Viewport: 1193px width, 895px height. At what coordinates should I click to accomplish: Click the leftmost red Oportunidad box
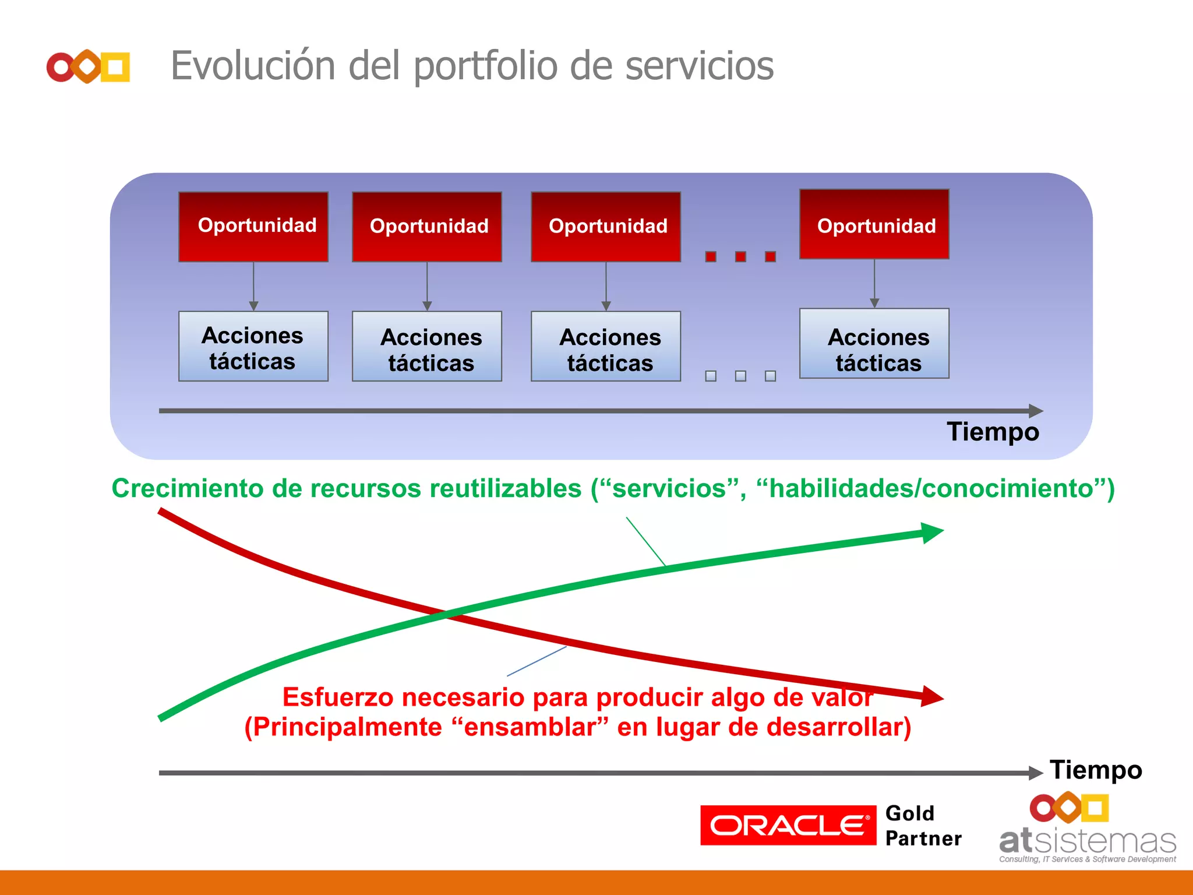(253, 227)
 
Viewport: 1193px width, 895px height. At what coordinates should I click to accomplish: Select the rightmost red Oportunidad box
(874, 224)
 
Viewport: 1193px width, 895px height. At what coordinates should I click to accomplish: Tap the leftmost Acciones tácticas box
(253, 347)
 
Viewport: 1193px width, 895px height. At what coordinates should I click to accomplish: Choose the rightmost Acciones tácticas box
(874, 344)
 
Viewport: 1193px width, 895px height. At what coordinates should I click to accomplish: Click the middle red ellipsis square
(740, 256)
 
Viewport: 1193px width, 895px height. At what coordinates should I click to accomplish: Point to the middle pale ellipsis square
(740, 376)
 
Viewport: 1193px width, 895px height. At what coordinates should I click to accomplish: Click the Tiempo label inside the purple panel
(993, 432)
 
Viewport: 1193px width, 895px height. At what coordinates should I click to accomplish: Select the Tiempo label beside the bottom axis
(1095, 770)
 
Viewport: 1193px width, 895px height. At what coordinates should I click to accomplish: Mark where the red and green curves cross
(446, 614)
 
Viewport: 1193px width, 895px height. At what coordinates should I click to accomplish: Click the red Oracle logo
(788, 825)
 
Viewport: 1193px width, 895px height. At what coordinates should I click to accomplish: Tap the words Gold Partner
(922, 826)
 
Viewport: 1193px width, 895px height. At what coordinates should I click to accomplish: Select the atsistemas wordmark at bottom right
(1087, 842)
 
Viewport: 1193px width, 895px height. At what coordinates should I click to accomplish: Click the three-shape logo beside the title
(88, 67)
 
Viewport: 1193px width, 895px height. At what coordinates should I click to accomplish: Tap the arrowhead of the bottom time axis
(1036, 773)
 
